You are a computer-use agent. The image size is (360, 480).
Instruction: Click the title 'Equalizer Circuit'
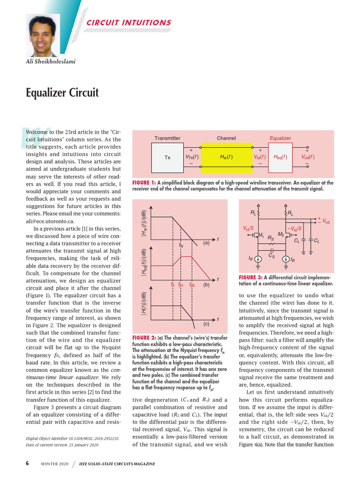tap(62, 92)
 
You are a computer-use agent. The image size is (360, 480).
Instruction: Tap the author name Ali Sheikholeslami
tap(50, 61)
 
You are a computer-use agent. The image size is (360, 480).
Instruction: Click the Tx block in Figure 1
tap(167, 157)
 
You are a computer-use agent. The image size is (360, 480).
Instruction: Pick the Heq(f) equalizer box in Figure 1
tap(280, 157)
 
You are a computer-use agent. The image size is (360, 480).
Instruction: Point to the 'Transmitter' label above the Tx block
tap(167, 138)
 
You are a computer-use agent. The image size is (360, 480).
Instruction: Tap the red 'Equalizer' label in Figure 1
tap(280, 138)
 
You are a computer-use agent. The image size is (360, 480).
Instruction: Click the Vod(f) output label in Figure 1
tap(308, 157)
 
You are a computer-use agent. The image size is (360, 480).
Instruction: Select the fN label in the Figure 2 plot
tap(181, 245)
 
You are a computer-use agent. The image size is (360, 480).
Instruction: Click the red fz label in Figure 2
tap(172, 285)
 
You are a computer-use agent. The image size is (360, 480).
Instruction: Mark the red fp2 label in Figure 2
tap(192, 285)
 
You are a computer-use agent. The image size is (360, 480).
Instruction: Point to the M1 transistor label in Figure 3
tap(262, 235)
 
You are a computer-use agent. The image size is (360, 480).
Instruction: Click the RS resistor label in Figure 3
tap(270, 238)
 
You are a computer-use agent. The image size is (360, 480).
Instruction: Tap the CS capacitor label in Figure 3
tap(271, 256)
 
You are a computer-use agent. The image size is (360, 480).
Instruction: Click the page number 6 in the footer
tap(27, 464)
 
